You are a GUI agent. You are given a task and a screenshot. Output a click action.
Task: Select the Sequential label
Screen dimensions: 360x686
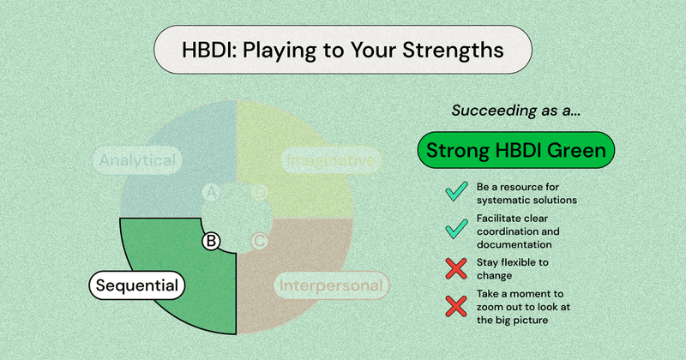[137, 285]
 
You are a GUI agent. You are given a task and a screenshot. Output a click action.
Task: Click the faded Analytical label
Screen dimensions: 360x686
[137, 160]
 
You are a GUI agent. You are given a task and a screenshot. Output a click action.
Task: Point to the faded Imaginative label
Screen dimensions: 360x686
[330, 160]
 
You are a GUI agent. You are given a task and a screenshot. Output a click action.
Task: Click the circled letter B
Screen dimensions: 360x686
[210, 241]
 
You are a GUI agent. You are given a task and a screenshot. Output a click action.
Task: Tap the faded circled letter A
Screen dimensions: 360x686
[210, 192]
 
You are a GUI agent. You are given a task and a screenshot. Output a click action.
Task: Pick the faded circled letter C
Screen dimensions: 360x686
[259, 241]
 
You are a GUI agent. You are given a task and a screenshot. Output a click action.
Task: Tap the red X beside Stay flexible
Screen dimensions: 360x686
[456, 269]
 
